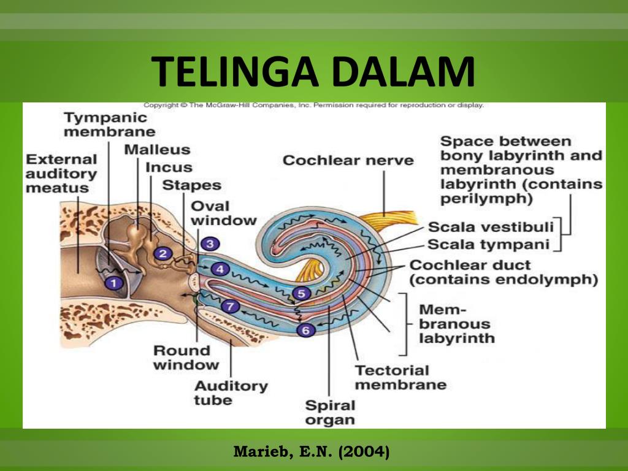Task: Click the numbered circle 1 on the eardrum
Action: point(114,283)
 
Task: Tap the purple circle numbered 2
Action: point(163,253)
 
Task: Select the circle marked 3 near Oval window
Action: point(210,244)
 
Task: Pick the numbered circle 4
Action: point(220,269)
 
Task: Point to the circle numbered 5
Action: point(301,294)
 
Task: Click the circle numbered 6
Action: point(306,330)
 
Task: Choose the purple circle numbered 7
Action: point(231,307)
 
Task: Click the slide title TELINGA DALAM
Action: point(313,71)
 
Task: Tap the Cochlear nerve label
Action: point(348,161)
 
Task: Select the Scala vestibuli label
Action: point(491,227)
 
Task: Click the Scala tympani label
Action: point(488,244)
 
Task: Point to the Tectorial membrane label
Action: point(400,377)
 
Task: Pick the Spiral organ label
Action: point(330,413)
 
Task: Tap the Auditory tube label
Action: point(231,393)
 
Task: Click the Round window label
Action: point(186,358)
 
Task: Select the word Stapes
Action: point(191,185)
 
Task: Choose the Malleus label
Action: point(157,150)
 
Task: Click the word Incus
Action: point(169,167)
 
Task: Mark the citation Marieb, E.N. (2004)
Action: point(311,452)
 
